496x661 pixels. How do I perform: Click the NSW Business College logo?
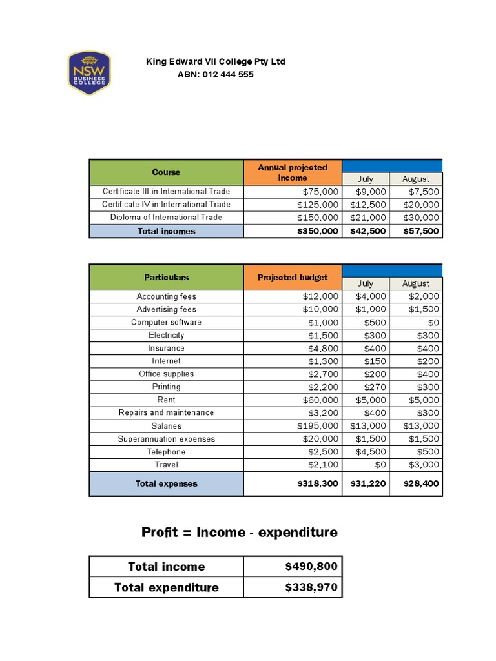(x=89, y=73)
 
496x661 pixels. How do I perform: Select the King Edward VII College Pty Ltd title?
(x=216, y=61)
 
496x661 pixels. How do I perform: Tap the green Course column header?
(x=166, y=172)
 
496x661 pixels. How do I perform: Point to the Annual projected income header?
(x=293, y=172)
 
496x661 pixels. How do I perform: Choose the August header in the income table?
(x=416, y=179)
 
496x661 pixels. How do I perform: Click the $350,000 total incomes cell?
(x=317, y=231)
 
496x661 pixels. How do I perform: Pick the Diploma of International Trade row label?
(x=166, y=218)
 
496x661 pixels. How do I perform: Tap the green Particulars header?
(x=166, y=277)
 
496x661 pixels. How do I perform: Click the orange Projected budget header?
(x=293, y=277)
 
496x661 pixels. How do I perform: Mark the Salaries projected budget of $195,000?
(x=317, y=426)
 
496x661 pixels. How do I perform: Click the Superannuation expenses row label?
(x=166, y=439)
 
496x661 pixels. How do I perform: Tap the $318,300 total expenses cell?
(x=317, y=483)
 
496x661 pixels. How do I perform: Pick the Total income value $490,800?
(x=311, y=566)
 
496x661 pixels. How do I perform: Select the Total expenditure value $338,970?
(x=311, y=587)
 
